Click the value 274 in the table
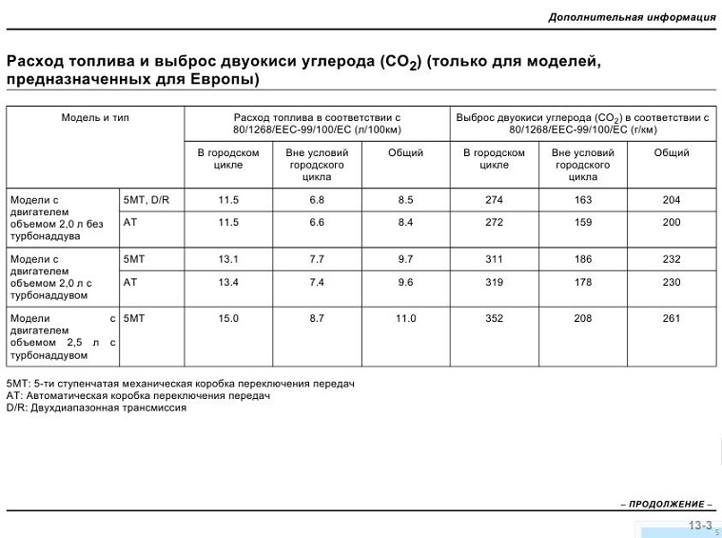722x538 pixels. pos(494,200)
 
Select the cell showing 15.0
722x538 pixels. pos(228,318)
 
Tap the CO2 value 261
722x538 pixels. pos(672,318)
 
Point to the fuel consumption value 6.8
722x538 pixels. pos(317,200)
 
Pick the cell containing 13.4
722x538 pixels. pos(228,282)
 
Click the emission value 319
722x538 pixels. pos(494,282)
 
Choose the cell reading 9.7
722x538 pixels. pos(405,259)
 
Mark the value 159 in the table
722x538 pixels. pos(583,222)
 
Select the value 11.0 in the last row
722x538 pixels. pos(405,318)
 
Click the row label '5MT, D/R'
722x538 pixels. pos(146,200)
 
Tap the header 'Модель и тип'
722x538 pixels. pos(95,117)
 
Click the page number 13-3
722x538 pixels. pos(700,526)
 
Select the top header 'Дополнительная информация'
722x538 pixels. pos(632,17)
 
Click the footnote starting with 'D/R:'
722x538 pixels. pos(96,408)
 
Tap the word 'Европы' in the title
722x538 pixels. pos(217,79)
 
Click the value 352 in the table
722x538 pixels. pos(494,318)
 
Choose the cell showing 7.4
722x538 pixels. pos(317,282)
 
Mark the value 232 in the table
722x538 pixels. pos(672,259)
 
